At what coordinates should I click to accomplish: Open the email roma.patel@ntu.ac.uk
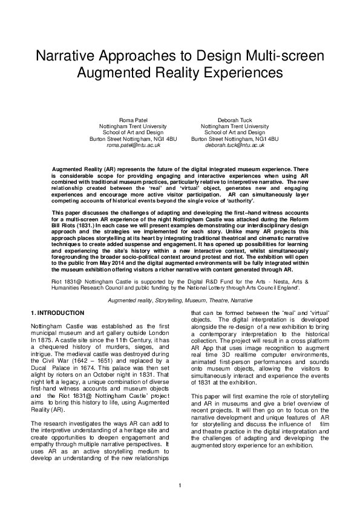click(133, 146)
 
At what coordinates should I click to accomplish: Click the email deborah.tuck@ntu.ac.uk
click(235, 146)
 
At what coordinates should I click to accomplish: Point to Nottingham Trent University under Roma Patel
click(133, 126)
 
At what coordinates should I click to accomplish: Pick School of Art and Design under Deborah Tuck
click(235, 132)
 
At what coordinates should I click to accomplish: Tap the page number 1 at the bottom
click(180, 486)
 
